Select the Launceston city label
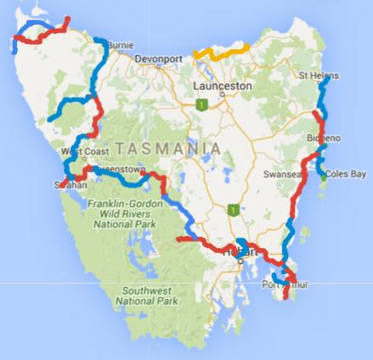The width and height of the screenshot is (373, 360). [x=220, y=87]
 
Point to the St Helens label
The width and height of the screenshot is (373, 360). [x=316, y=77]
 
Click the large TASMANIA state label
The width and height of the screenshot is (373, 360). [x=169, y=149]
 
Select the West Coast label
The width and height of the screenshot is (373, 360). [x=82, y=153]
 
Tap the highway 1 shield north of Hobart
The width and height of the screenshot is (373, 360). [x=230, y=208]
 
